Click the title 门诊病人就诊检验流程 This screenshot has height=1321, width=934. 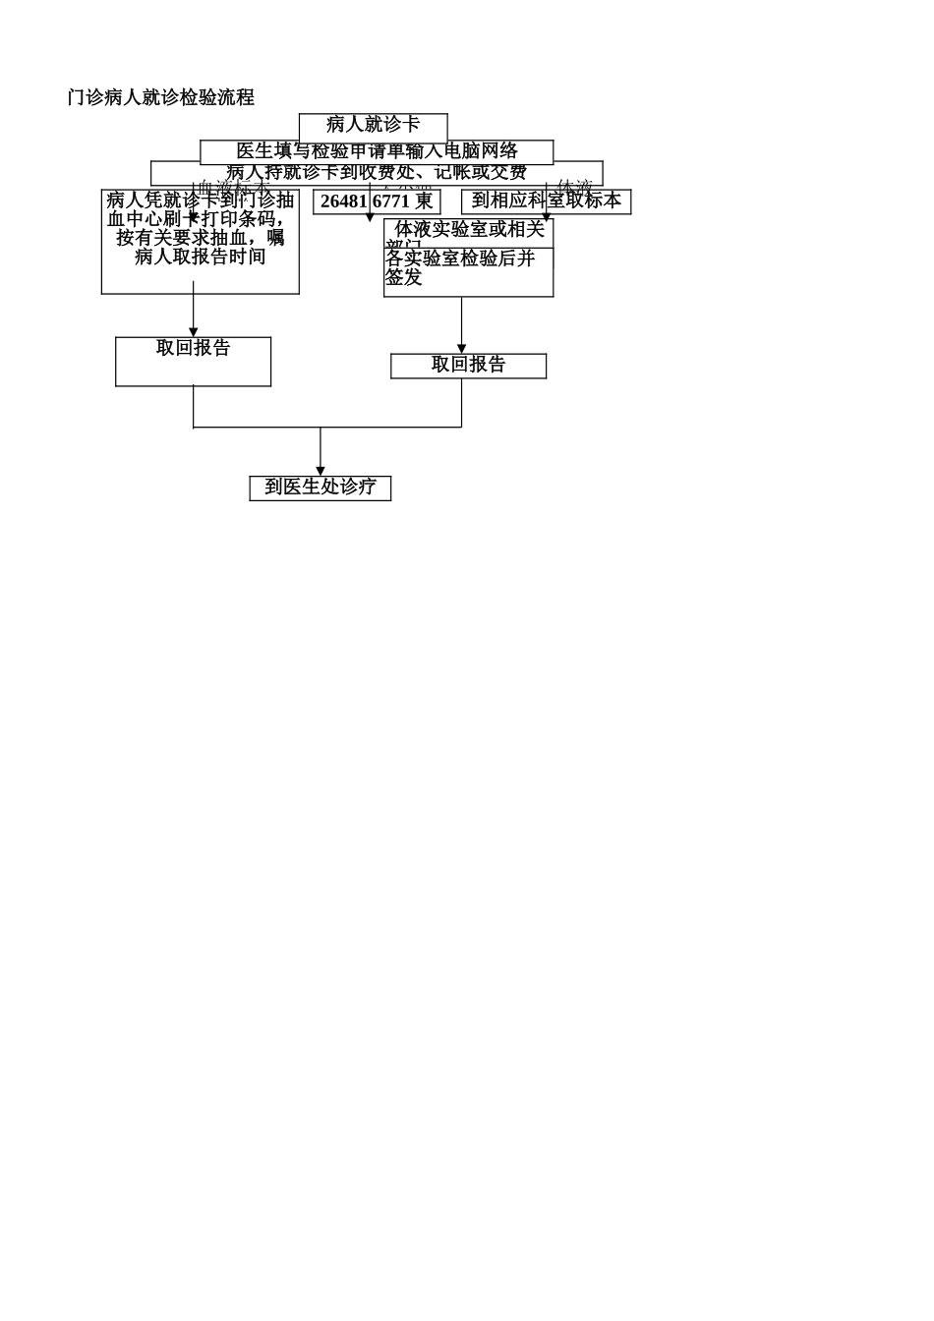point(161,97)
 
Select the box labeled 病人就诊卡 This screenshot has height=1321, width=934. point(373,125)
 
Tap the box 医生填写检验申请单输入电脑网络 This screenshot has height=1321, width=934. point(377,151)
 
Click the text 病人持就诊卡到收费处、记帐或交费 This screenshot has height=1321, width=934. point(377,173)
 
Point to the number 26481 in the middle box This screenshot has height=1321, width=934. point(343,201)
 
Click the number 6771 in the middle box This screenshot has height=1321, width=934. point(391,201)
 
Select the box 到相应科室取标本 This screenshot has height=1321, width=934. point(546,201)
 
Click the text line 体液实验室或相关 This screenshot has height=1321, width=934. point(470,229)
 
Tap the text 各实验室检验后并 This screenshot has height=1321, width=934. point(460,258)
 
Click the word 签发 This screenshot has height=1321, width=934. point(403,278)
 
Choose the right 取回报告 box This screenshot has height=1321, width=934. point(468,365)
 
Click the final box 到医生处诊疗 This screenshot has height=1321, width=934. point(320,488)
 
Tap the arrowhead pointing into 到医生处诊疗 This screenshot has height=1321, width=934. point(320,471)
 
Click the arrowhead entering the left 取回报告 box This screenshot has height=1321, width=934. point(193,332)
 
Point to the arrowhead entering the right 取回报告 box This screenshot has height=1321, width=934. point(461,349)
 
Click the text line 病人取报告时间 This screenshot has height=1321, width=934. point(200,258)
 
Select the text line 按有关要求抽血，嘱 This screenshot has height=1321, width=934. point(200,238)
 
